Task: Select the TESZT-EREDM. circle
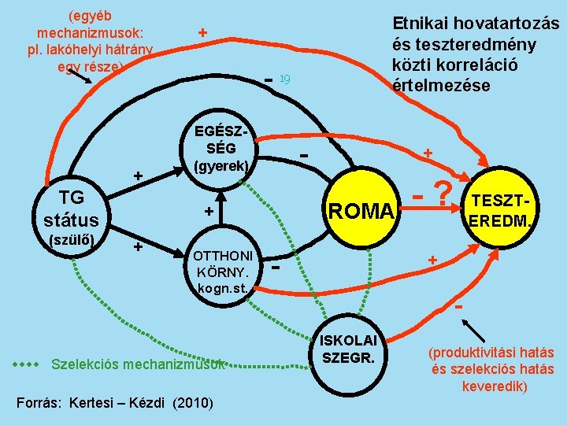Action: (504, 209)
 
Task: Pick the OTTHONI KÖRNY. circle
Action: (223, 272)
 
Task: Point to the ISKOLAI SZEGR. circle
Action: (349, 349)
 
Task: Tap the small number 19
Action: (286, 77)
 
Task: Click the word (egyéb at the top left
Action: (89, 14)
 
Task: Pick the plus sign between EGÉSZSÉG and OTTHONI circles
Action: (208, 211)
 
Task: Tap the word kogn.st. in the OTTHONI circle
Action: (224, 288)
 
